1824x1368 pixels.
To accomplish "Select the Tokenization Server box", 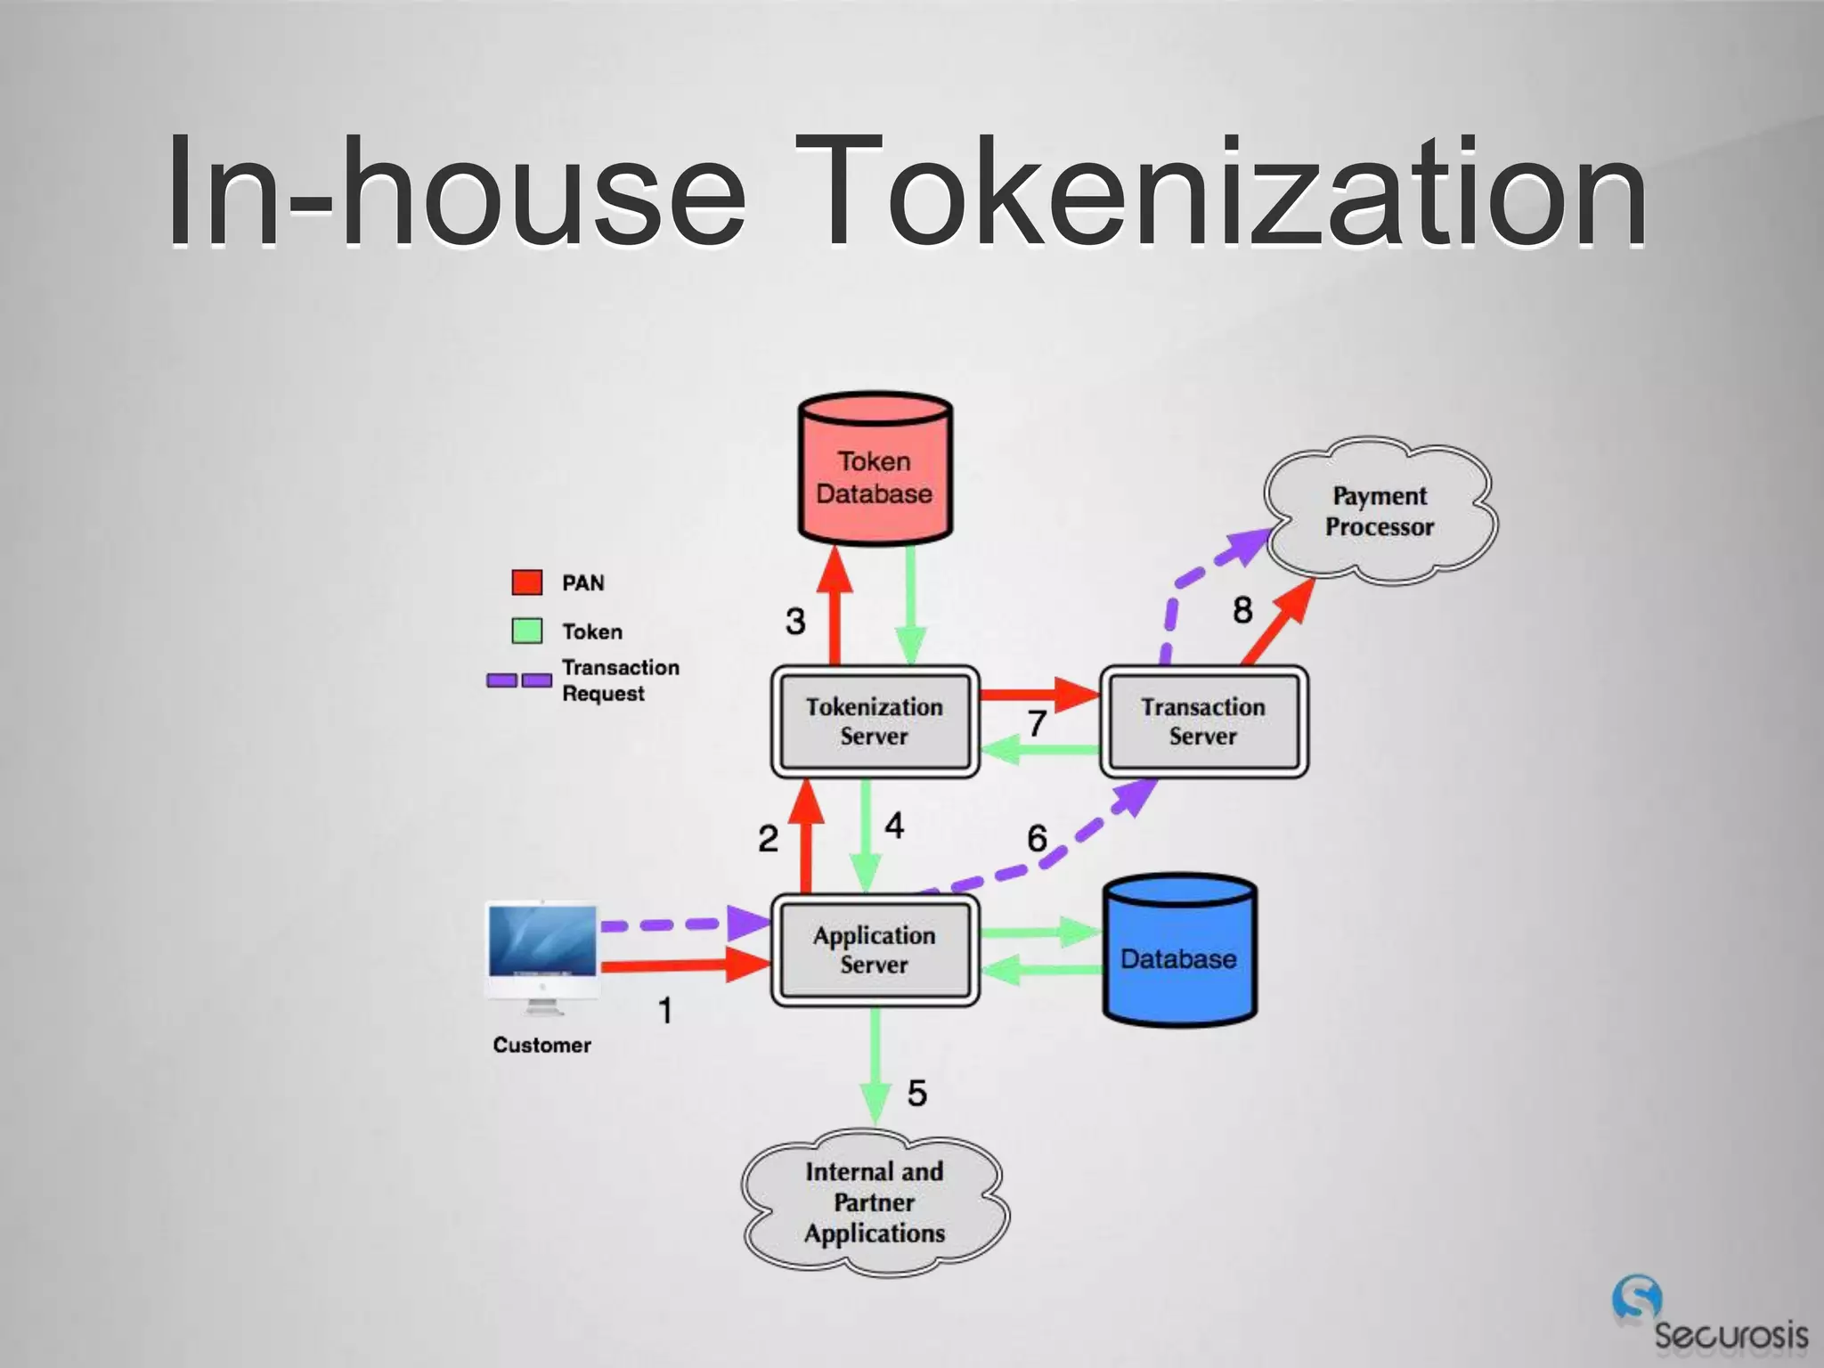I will pos(875,721).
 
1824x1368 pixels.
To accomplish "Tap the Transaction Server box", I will pos(1203,721).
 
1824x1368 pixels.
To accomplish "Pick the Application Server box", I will pos(875,950).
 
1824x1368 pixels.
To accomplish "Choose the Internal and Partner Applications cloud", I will pos(875,1201).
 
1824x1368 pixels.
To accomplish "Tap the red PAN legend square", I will pos(527,582).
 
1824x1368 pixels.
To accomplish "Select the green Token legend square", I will pos(527,631).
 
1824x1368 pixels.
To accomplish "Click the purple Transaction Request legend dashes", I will pos(519,680).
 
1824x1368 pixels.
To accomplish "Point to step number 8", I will pos(1242,610).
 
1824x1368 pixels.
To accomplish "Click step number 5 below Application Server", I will pos(916,1093).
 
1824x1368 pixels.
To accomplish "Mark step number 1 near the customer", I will pos(664,1011).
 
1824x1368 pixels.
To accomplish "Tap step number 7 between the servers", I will pos(1037,723).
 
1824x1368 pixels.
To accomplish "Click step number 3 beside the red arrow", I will pos(795,621).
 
